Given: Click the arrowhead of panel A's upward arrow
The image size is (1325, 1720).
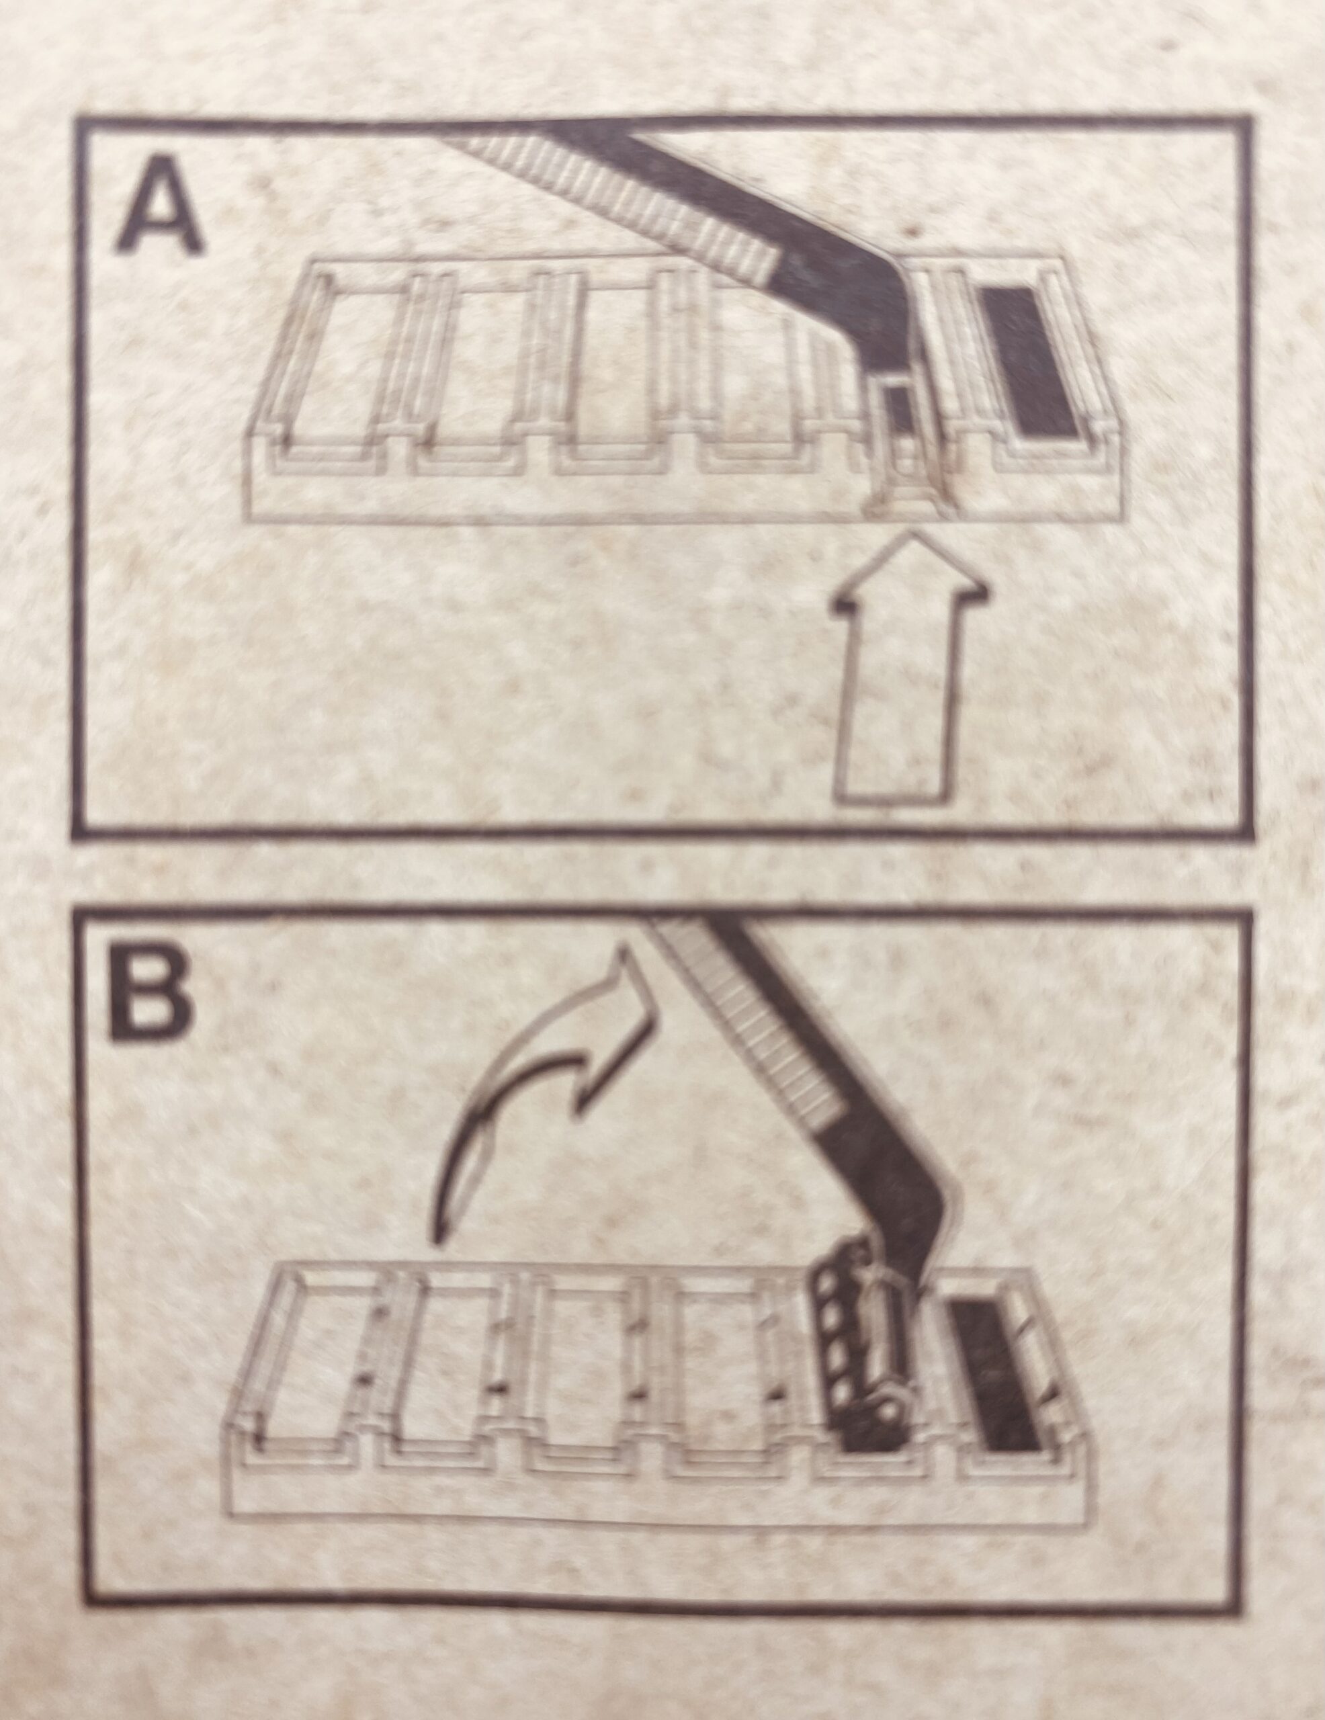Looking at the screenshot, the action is (910, 571).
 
